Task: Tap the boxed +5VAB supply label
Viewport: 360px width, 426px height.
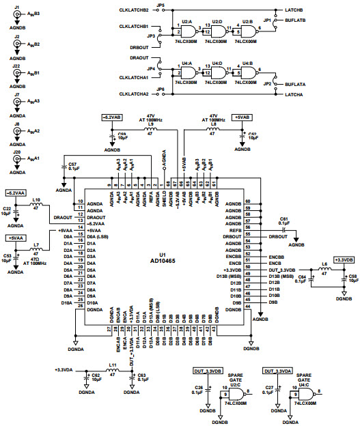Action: pos(242,117)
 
